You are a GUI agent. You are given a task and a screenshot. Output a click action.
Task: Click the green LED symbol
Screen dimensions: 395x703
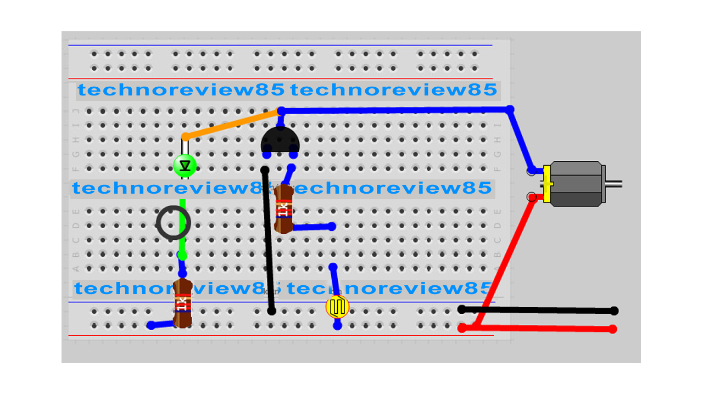click(x=185, y=165)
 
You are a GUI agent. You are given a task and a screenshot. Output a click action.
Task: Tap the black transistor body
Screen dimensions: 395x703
click(x=280, y=140)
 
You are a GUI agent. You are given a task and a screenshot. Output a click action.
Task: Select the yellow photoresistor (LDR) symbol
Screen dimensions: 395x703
click(x=337, y=307)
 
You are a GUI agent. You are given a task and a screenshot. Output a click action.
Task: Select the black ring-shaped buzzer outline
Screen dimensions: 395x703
click(x=173, y=223)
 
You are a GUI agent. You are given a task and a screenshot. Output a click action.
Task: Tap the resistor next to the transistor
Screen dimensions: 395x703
click(x=283, y=209)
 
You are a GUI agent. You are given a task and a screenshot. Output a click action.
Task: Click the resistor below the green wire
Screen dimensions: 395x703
click(x=182, y=303)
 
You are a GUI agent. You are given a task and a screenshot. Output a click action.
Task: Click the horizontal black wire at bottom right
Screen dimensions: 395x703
click(x=538, y=310)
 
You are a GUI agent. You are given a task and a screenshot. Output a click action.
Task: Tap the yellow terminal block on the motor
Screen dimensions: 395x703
click(x=547, y=184)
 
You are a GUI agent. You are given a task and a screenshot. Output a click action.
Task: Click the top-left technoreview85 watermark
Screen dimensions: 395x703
click(x=181, y=89)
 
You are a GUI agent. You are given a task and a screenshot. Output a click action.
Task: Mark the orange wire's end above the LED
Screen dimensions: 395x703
click(x=186, y=137)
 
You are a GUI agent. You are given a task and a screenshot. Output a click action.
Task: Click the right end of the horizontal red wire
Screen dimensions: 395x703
click(x=613, y=329)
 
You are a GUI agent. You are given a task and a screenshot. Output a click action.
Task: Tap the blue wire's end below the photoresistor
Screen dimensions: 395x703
click(x=337, y=325)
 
